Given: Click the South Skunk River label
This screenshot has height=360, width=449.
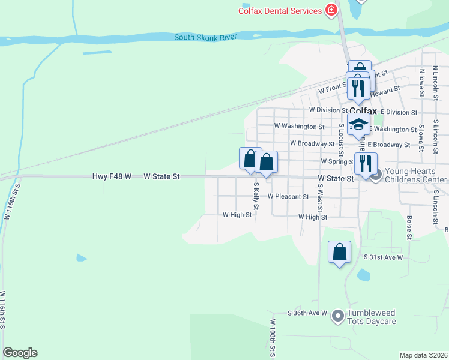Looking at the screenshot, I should click(x=205, y=37).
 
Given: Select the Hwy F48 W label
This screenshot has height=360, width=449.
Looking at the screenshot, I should click(x=112, y=177).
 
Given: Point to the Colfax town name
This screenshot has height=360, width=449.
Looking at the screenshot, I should click(x=363, y=111).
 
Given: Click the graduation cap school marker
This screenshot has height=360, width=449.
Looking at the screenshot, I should click(x=358, y=125).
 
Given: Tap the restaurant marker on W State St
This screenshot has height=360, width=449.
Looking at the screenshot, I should click(x=365, y=163).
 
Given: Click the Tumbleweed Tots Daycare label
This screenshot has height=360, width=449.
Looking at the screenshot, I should click(x=373, y=317).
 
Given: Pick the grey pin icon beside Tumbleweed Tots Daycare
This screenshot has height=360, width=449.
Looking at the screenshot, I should click(x=337, y=314).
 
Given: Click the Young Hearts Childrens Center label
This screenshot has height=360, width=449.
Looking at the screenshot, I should click(x=415, y=175).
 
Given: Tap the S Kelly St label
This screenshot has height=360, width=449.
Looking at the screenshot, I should click(x=256, y=197).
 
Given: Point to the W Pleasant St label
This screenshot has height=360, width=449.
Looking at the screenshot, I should click(x=288, y=196).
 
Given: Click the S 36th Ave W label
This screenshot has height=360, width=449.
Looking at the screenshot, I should click(x=307, y=313).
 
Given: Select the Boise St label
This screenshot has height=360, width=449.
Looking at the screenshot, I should click(x=409, y=227).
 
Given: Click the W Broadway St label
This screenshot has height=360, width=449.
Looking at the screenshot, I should click(x=312, y=144).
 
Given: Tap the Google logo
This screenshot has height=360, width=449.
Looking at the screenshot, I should click(x=20, y=353).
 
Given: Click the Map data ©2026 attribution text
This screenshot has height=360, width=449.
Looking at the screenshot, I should click(x=423, y=355).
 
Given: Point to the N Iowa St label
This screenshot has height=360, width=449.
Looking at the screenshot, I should click(x=422, y=83).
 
